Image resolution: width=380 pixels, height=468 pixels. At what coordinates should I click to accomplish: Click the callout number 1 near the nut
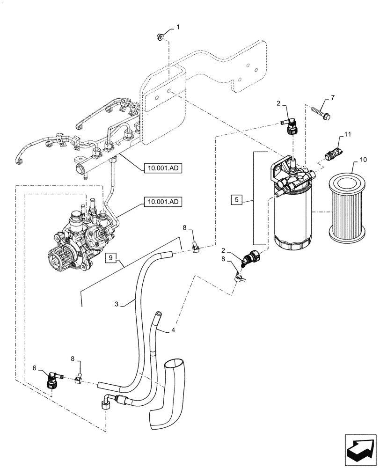178,28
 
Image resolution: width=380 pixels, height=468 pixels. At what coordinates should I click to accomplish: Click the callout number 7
333,97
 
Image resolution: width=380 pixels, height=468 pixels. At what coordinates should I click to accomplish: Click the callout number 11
348,135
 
